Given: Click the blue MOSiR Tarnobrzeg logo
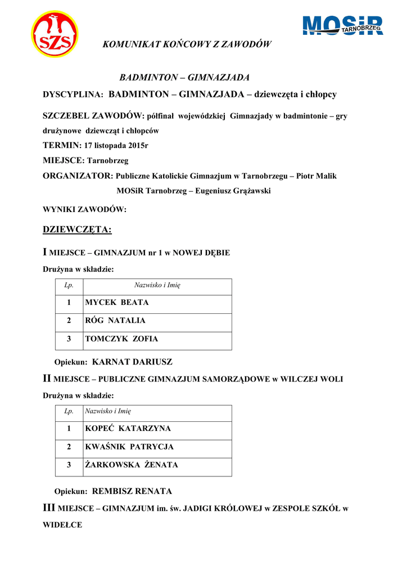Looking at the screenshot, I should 343,26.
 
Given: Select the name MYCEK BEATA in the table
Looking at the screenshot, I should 117,303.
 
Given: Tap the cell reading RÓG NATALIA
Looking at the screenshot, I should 115,321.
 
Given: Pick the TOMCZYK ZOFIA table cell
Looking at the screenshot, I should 121,339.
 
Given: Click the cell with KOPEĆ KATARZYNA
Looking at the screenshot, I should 128,429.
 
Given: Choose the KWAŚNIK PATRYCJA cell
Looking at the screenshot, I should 129,447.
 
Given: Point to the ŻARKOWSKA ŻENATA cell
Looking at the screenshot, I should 132,465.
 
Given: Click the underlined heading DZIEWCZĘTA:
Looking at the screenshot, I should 77,229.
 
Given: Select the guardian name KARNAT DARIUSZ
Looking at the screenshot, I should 132,362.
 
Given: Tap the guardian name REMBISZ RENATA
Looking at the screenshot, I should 132,491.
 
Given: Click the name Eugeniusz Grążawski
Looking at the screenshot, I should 233,191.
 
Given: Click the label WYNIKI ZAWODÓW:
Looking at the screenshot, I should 85,210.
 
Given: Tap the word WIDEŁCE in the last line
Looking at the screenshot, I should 62,525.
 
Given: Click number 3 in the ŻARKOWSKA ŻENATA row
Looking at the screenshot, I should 69,465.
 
